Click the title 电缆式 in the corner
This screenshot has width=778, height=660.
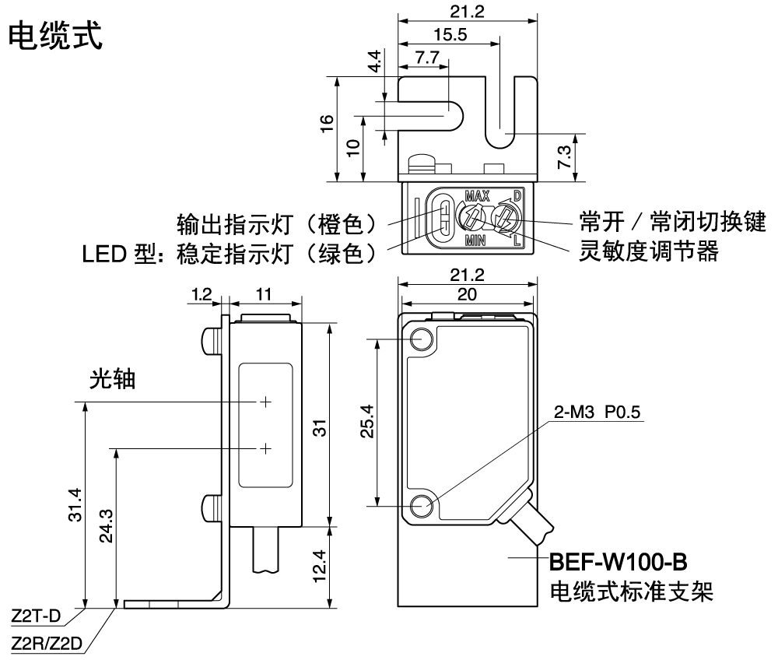[x=55, y=35]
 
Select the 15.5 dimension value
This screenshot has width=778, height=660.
[x=450, y=35]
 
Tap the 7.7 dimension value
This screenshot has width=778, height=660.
[x=427, y=58]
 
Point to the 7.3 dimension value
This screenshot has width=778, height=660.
[x=565, y=156]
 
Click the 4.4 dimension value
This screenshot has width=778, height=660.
[x=375, y=61]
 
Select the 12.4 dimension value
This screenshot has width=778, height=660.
[x=319, y=566]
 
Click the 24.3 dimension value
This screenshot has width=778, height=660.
[x=106, y=525]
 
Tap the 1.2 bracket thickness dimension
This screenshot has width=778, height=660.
[x=202, y=295]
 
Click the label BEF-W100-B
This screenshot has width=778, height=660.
[x=619, y=563]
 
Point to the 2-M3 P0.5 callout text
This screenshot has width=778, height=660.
[x=597, y=412]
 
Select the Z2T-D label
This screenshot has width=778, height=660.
[x=36, y=616]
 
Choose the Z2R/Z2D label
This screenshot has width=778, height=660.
[x=47, y=644]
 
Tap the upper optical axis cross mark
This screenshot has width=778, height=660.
[x=266, y=402]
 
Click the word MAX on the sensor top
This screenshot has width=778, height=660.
[x=478, y=195]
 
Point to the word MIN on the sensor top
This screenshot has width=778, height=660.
[x=475, y=241]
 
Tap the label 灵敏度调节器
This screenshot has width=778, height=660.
[x=649, y=251]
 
